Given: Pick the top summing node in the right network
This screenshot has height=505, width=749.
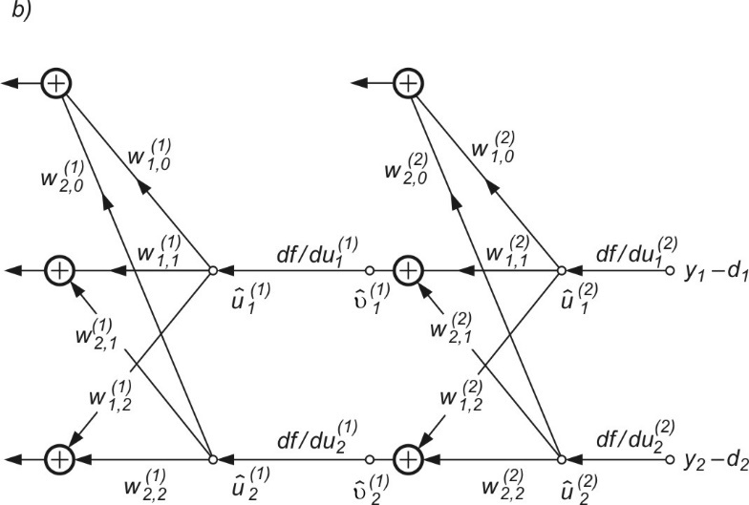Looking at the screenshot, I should click(x=409, y=83).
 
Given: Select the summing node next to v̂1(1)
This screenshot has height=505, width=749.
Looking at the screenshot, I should click(x=409, y=271).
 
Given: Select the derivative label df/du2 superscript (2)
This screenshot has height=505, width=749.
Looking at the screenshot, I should click(x=631, y=440).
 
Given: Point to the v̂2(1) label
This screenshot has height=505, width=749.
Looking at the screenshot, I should click(x=361, y=484).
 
